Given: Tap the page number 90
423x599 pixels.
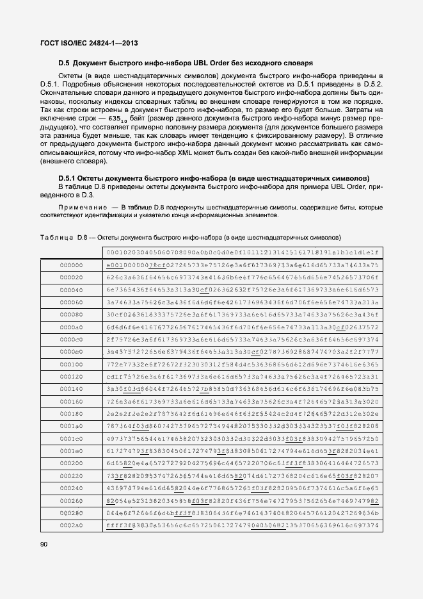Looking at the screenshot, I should (x=44, y=545).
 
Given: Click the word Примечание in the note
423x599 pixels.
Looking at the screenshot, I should (x=81, y=208).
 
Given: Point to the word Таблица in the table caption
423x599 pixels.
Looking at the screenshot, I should (x=56, y=237).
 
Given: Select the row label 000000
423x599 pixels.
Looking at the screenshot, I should (x=71, y=265).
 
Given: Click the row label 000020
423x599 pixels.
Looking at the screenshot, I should (x=71, y=277).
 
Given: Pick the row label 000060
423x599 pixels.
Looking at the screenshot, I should (x=71, y=303).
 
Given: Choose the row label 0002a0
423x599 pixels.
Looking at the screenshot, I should (x=71, y=525).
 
